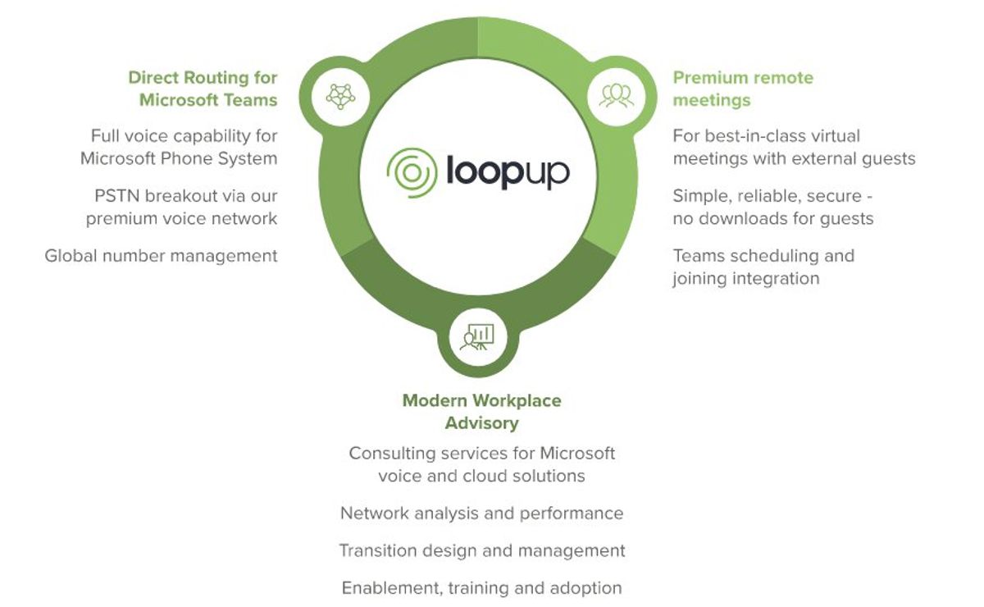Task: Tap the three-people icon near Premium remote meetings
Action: click(x=617, y=96)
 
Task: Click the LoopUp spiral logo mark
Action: click(x=412, y=173)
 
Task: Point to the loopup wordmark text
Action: click(x=507, y=173)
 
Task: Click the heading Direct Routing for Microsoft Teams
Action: click(x=203, y=89)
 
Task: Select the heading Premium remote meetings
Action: click(x=742, y=89)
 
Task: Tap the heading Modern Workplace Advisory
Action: click(x=481, y=412)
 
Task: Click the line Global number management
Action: click(x=162, y=256)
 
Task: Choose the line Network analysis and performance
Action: click(x=481, y=513)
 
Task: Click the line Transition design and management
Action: click(x=481, y=550)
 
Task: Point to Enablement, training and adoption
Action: click(x=481, y=588)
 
